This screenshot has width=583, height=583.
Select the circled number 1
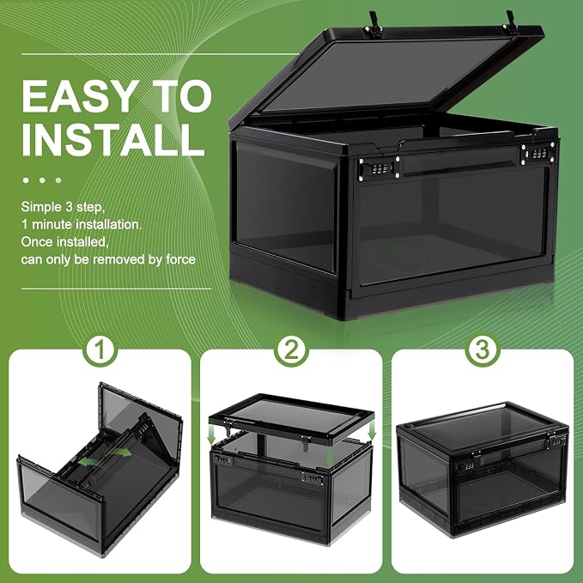(x=100, y=349)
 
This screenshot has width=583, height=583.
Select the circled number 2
(x=292, y=349)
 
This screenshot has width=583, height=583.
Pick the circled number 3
(x=483, y=349)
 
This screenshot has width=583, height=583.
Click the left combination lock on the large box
(x=378, y=168)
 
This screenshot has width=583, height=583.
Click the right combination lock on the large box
(x=538, y=153)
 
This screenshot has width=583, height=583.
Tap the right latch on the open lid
(x=510, y=22)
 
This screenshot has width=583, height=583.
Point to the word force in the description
(x=180, y=259)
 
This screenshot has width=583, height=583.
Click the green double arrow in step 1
(x=105, y=457)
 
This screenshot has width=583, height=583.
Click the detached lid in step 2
(x=291, y=417)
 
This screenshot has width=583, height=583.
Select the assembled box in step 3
(x=483, y=469)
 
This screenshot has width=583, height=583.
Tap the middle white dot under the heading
(x=42, y=180)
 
